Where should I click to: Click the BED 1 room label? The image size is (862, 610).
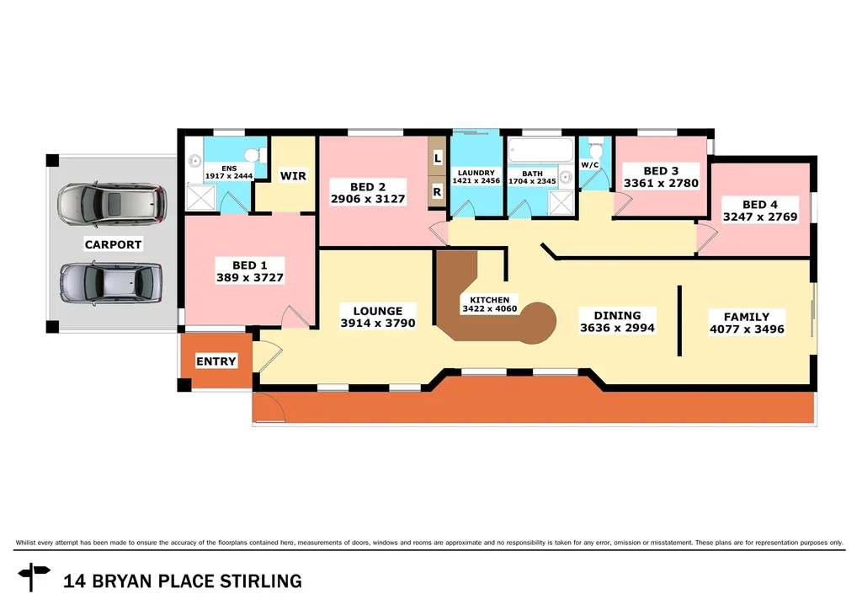(x=250, y=271)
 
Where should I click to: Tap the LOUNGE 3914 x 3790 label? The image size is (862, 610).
(x=377, y=317)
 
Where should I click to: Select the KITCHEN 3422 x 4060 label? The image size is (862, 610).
(x=489, y=304)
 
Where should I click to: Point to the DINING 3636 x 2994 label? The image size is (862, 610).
(x=616, y=322)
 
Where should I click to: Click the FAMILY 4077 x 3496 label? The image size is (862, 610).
(x=747, y=323)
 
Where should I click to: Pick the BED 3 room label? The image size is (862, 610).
(x=660, y=177)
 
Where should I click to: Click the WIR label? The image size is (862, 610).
(x=293, y=176)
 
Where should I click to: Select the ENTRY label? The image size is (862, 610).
(x=215, y=361)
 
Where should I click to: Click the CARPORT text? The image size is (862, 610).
(x=113, y=245)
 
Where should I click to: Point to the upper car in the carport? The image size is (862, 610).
(x=109, y=204)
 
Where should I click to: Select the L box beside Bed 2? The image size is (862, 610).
(x=437, y=158)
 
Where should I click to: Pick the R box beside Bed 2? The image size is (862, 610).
(x=437, y=191)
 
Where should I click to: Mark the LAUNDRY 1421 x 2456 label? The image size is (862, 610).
(x=476, y=177)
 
